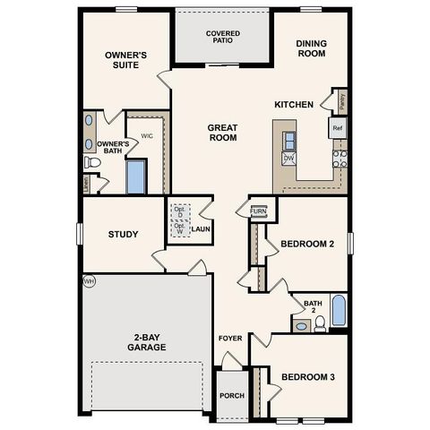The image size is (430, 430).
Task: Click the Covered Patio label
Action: pos(221,38)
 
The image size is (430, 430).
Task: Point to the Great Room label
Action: pos(221,133)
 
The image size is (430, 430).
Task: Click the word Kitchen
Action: pos(293,105)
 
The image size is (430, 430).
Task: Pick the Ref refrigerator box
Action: pos(338,128)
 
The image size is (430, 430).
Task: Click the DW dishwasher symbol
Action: pos(288,158)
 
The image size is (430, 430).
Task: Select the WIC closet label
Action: pos(148,137)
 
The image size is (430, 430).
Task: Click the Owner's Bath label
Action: pos(113,148)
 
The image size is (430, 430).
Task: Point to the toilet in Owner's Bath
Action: pos(91,163)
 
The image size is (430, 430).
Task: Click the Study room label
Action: pos(123,235)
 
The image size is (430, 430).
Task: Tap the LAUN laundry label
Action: pos(200,229)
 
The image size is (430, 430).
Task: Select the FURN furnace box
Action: pos(258,211)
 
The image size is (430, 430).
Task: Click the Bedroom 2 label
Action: pos(307,244)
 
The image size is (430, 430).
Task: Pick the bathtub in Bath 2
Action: pos(339,310)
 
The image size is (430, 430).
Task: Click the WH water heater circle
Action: pos(88,281)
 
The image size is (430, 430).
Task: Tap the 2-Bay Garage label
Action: pos(146,343)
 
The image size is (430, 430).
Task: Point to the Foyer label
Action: pos(230,338)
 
